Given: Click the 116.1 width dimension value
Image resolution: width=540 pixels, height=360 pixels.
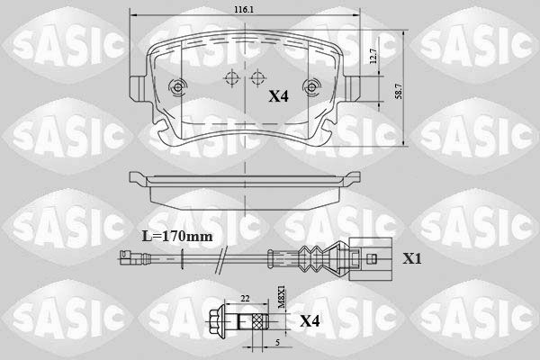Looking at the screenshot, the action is pyautogui.click(x=244, y=10).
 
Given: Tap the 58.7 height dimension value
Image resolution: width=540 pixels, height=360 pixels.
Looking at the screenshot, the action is pyautogui.click(x=399, y=91).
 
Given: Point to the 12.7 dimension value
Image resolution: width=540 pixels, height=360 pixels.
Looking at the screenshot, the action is pyautogui.click(x=373, y=56).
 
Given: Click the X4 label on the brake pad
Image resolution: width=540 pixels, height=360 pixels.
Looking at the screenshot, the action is pyautogui.click(x=278, y=96).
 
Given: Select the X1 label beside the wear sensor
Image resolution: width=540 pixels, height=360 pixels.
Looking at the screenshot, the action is pyautogui.click(x=412, y=258).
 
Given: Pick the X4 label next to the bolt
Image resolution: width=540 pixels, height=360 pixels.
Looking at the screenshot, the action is pyautogui.click(x=310, y=321).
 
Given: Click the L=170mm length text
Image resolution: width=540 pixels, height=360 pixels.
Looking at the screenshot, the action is pyautogui.click(x=177, y=237).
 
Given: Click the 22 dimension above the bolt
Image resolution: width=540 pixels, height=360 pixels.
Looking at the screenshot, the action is pyautogui.click(x=245, y=299).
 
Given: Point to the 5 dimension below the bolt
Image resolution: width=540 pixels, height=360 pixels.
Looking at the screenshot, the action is pyautogui.click(x=277, y=342).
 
